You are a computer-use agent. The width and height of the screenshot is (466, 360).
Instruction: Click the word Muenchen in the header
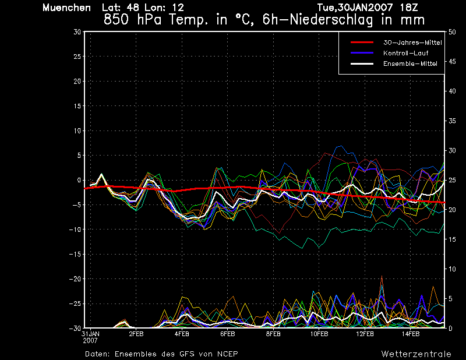66,8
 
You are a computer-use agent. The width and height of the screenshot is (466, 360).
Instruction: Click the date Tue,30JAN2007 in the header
355,8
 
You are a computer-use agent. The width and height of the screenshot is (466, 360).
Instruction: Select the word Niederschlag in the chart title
331,20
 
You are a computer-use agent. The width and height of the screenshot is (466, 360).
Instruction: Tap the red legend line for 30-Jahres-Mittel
362,43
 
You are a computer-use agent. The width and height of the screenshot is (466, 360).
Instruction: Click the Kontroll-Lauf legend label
405,53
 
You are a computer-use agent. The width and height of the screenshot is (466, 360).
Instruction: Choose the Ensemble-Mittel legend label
410,63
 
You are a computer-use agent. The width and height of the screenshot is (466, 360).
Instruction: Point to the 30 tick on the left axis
77,32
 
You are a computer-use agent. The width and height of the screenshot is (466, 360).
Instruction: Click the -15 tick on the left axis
75,255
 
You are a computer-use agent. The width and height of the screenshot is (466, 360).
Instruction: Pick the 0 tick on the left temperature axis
79,180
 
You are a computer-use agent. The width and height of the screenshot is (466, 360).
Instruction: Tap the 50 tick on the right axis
452,32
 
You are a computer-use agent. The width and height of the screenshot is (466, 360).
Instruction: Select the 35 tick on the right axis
452,121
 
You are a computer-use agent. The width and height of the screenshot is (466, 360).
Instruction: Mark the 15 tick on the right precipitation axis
452,239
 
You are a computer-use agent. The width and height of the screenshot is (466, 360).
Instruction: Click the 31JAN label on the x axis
90,334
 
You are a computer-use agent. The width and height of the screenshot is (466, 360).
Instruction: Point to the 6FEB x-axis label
227,334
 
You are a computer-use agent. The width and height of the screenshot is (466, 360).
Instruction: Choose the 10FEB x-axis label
319,334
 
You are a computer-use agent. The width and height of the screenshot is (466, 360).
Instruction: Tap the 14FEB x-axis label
411,334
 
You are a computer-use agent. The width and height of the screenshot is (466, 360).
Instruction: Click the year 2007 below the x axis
90,341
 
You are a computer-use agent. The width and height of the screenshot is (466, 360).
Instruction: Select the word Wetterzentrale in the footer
416,354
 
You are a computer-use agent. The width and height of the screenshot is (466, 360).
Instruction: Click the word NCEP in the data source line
227,354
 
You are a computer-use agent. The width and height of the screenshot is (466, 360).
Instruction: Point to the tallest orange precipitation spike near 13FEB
382,276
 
